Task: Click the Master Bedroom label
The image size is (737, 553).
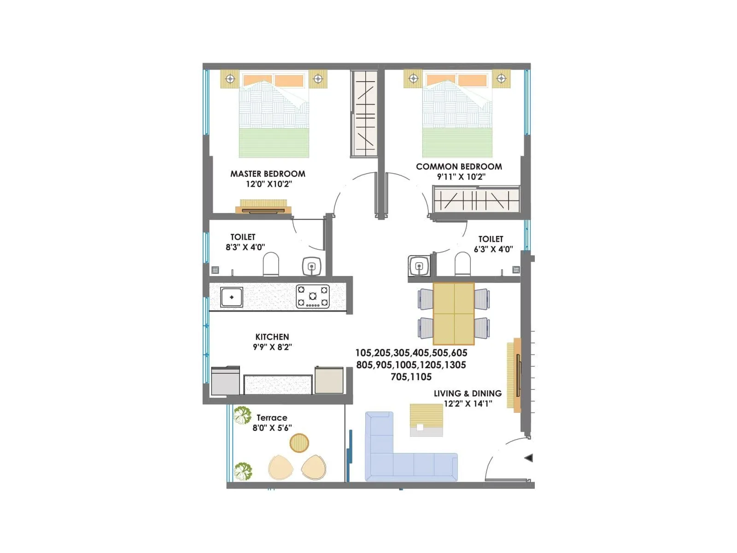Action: click(x=268, y=174)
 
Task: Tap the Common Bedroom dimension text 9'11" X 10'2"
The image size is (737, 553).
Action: click(x=461, y=176)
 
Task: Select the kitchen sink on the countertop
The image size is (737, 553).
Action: click(x=231, y=297)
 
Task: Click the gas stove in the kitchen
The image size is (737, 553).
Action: click(x=313, y=296)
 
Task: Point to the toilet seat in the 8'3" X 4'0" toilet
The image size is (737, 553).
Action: click(x=271, y=264)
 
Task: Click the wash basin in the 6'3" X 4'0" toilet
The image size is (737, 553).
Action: click(x=419, y=266)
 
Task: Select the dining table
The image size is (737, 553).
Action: click(x=453, y=314)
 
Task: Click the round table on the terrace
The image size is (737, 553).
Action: click(x=299, y=443)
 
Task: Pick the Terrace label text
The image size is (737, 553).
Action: click(x=272, y=418)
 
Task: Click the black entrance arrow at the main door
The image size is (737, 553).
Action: click(x=529, y=458)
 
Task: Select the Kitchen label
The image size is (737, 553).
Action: click(x=272, y=337)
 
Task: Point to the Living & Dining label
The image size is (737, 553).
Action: click(x=468, y=394)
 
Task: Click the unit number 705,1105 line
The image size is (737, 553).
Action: click(x=411, y=377)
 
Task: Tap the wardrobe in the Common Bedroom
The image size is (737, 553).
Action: click(x=476, y=200)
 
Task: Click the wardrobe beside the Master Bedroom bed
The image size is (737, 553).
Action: click(x=365, y=113)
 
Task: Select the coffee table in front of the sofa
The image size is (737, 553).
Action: click(x=426, y=420)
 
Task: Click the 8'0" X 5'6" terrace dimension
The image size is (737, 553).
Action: click(x=272, y=428)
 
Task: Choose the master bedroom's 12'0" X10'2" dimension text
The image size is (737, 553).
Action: click(x=269, y=184)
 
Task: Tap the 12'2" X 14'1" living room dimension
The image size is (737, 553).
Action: click(x=468, y=404)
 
